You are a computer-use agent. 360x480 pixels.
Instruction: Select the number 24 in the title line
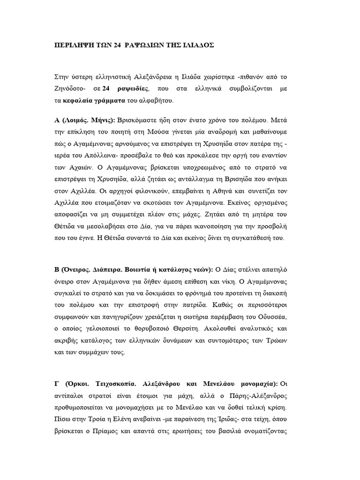pos(117,45)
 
